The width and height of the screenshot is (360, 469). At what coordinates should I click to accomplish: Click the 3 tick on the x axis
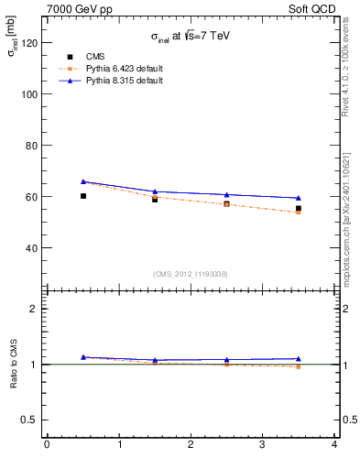click(262, 445)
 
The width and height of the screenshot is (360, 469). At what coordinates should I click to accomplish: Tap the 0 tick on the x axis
click(47, 445)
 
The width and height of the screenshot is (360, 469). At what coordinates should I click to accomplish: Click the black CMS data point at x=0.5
click(83, 196)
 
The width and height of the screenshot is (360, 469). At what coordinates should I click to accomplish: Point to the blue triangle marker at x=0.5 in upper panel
click(83, 181)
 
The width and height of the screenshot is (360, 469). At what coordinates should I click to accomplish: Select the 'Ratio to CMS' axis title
click(15, 365)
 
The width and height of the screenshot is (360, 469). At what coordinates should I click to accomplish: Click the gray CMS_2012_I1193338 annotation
click(191, 274)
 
